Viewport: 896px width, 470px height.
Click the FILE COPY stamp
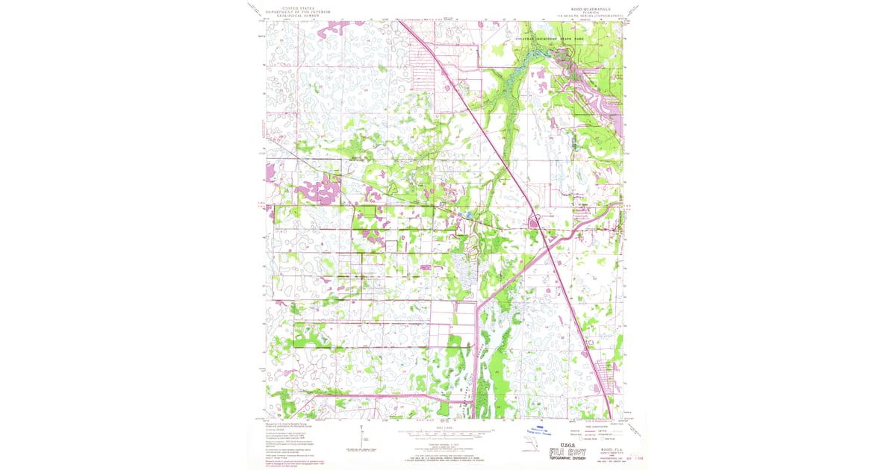coord(567,453)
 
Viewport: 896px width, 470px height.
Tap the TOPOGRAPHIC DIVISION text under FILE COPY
coord(567,461)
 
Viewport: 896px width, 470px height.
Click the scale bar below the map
coord(447,432)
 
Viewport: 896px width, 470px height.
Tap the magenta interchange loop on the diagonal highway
coord(535,220)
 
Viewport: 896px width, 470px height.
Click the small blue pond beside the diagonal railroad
coord(467,216)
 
